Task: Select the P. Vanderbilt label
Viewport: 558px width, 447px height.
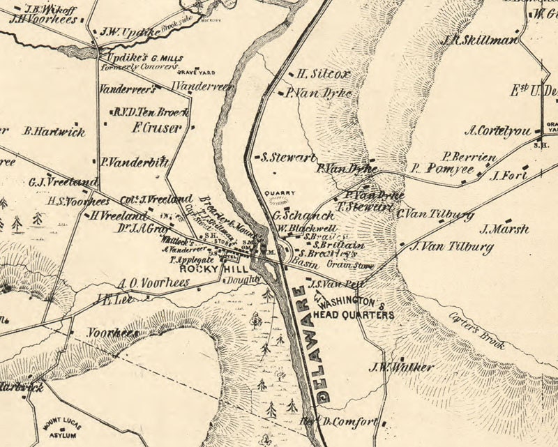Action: click(134, 162)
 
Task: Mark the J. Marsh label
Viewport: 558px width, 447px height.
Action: click(504, 229)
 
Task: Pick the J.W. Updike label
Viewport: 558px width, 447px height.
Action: click(130, 33)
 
